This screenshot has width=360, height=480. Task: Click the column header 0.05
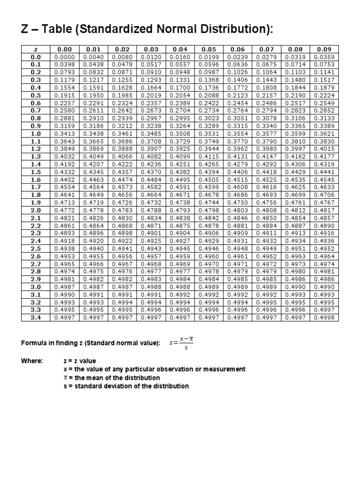point(209,49)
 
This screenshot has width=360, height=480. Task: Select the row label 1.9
point(36,202)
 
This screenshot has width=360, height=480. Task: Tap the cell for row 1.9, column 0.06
point(237,202)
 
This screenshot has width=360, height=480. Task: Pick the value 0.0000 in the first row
point(64,57)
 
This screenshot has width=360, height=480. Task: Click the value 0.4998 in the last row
point(324,317)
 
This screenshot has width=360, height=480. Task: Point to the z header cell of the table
point(36,49)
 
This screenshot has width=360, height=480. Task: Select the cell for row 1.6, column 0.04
point(180,180)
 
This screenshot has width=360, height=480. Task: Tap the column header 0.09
point(324,49)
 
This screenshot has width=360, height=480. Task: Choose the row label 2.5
point(36,248)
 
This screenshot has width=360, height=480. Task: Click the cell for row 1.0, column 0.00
point(64,134)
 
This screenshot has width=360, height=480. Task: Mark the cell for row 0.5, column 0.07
point(266,95)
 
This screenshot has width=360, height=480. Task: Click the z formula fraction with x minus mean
point(181,344)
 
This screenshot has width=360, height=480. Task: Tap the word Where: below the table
point(32,361)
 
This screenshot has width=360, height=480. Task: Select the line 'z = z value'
point(80,361)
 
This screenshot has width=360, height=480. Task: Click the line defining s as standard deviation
point(126,386)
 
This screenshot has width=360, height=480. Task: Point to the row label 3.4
point(36,317)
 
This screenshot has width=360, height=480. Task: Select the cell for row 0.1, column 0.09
point(324,65)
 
